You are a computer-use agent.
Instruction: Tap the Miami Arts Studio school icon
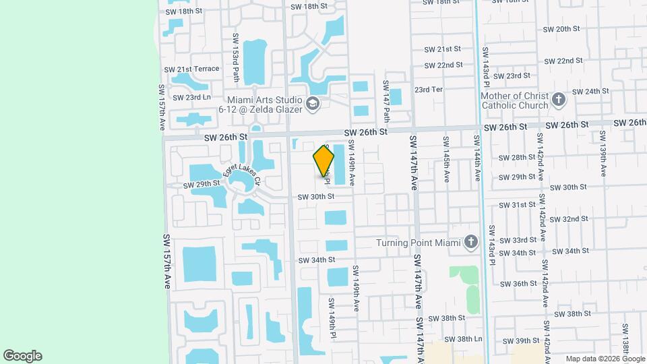pos(312,104)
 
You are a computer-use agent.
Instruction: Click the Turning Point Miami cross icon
pos(471,242)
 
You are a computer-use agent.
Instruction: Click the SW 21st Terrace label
pos(191,69)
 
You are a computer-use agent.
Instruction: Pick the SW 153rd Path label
pos(236,53)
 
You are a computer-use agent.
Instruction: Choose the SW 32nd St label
pos(565,219)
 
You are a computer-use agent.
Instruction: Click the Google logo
pos(22,356)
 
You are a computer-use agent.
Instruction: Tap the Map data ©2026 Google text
pos(605,359)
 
